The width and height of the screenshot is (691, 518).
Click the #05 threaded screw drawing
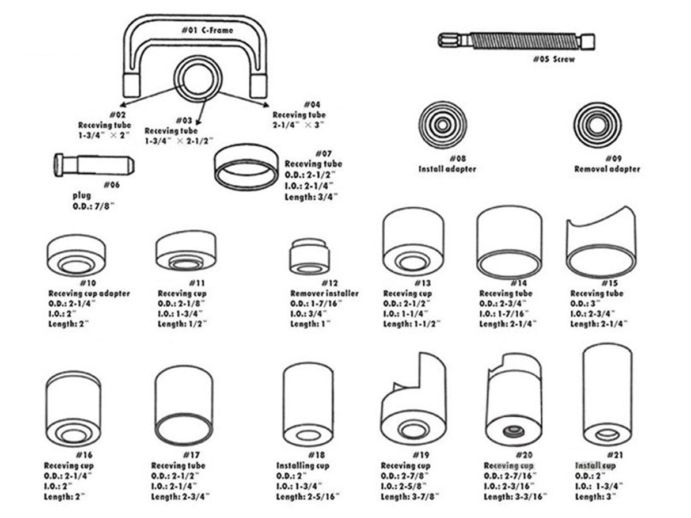tap(516, 41)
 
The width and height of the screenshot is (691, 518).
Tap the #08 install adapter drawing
tap(442, 125)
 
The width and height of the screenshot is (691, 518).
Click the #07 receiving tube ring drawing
tap(246, 167)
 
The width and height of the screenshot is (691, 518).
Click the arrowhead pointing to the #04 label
tap(265, 105)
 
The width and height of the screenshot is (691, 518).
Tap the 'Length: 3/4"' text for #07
tap(311, 196)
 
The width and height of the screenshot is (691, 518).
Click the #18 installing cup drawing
tap(308, 405)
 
